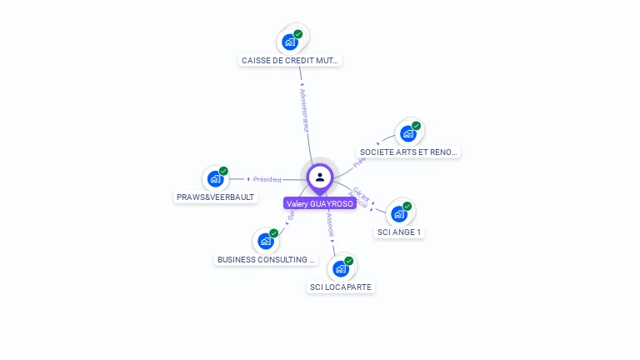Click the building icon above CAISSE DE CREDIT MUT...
290,42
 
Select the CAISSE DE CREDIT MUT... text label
291,61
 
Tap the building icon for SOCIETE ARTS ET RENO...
407,133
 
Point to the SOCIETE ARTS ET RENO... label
408,152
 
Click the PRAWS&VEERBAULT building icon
216,178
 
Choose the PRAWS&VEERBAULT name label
216,197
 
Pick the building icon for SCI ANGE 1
399,213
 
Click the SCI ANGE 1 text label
399,232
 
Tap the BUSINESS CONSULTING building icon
266,241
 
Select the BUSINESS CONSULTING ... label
267,260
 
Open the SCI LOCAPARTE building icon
340,268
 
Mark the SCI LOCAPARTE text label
341,287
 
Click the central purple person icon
320,177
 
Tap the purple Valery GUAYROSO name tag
320,203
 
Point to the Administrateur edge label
305,109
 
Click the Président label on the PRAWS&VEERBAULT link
267,179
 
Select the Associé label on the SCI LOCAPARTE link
330,226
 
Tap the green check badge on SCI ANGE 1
407,206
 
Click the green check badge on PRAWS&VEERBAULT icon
223,171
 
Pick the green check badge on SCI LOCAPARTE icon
348,261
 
